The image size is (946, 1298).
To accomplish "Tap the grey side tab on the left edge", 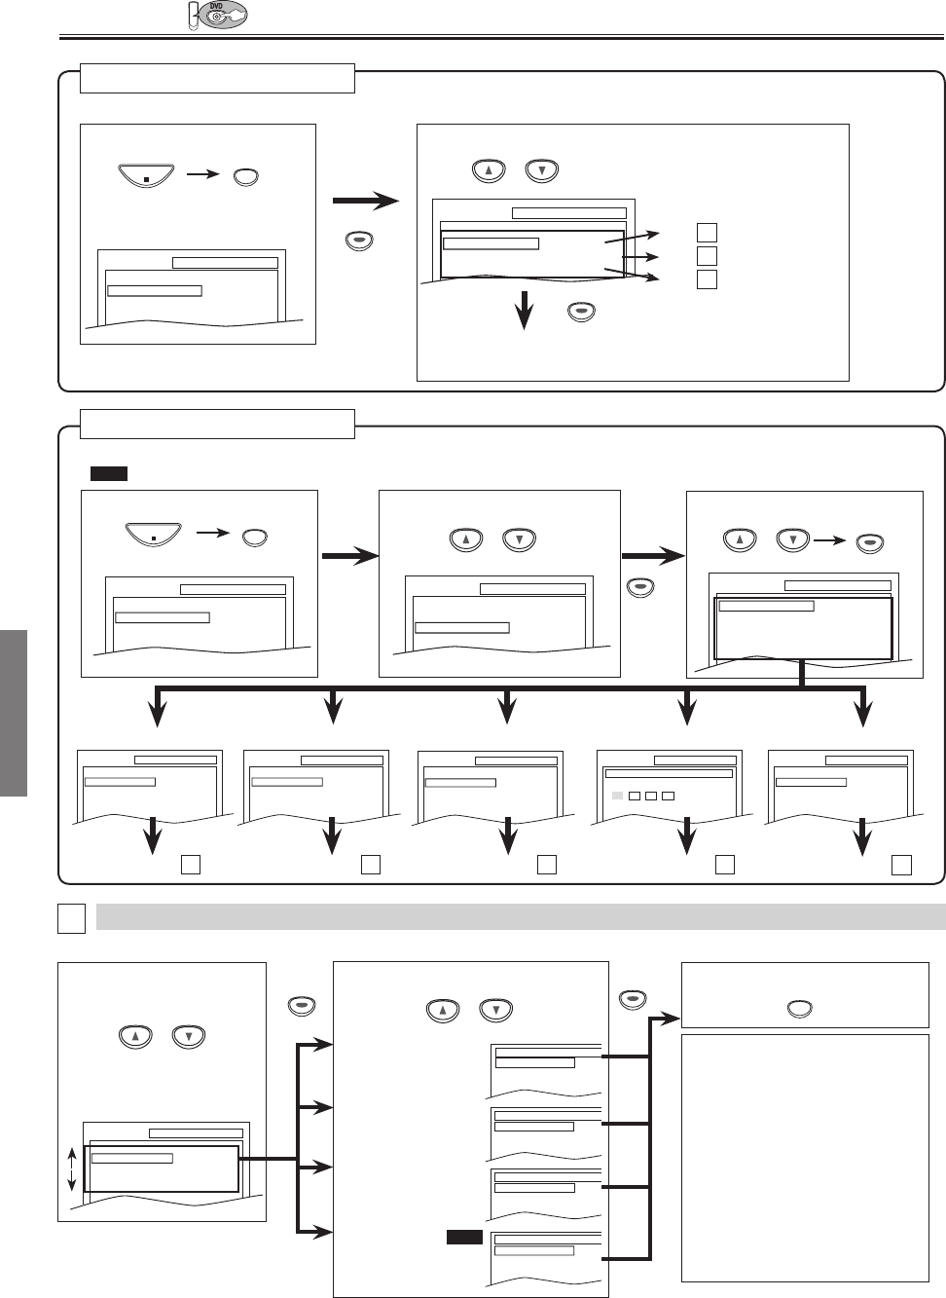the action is pyautogui.click(x=14, y=713).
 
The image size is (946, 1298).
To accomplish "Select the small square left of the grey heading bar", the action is pyautogui.click(x=71, y=918).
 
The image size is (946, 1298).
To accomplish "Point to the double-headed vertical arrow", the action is pyautogui.click(x=71, y=1168).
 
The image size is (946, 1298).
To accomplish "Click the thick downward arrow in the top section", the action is pyautogui.click(x=526, y=311).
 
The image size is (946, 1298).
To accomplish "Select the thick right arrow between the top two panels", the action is pyautogui.click(x=366, y=202).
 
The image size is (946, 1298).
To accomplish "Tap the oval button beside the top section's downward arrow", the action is pyautogui.click(x=581, y=312).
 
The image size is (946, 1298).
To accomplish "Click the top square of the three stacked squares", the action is pyautogui.click(x=708, y=233).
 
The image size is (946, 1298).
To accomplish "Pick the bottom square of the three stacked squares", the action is pyautogui.click(x=708, y=279).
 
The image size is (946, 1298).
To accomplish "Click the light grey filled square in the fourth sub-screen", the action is pyautogui.click(x=616, y=796).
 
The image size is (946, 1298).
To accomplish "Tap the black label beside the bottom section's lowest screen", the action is pyautogui.click(x=464, y=1237).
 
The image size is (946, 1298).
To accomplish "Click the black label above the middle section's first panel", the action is pyautogui.click(x=108, y=474).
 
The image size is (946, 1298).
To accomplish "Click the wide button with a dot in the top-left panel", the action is pyautogui.click(x=145, y=177).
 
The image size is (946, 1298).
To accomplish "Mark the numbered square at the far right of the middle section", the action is pyautogui.click(x=902, y=864).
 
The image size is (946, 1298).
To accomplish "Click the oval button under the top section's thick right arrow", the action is pyautogui.click(x=360, y=242).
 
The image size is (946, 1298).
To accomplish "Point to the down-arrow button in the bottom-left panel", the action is pyautogui.click(x=188, y=1037).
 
